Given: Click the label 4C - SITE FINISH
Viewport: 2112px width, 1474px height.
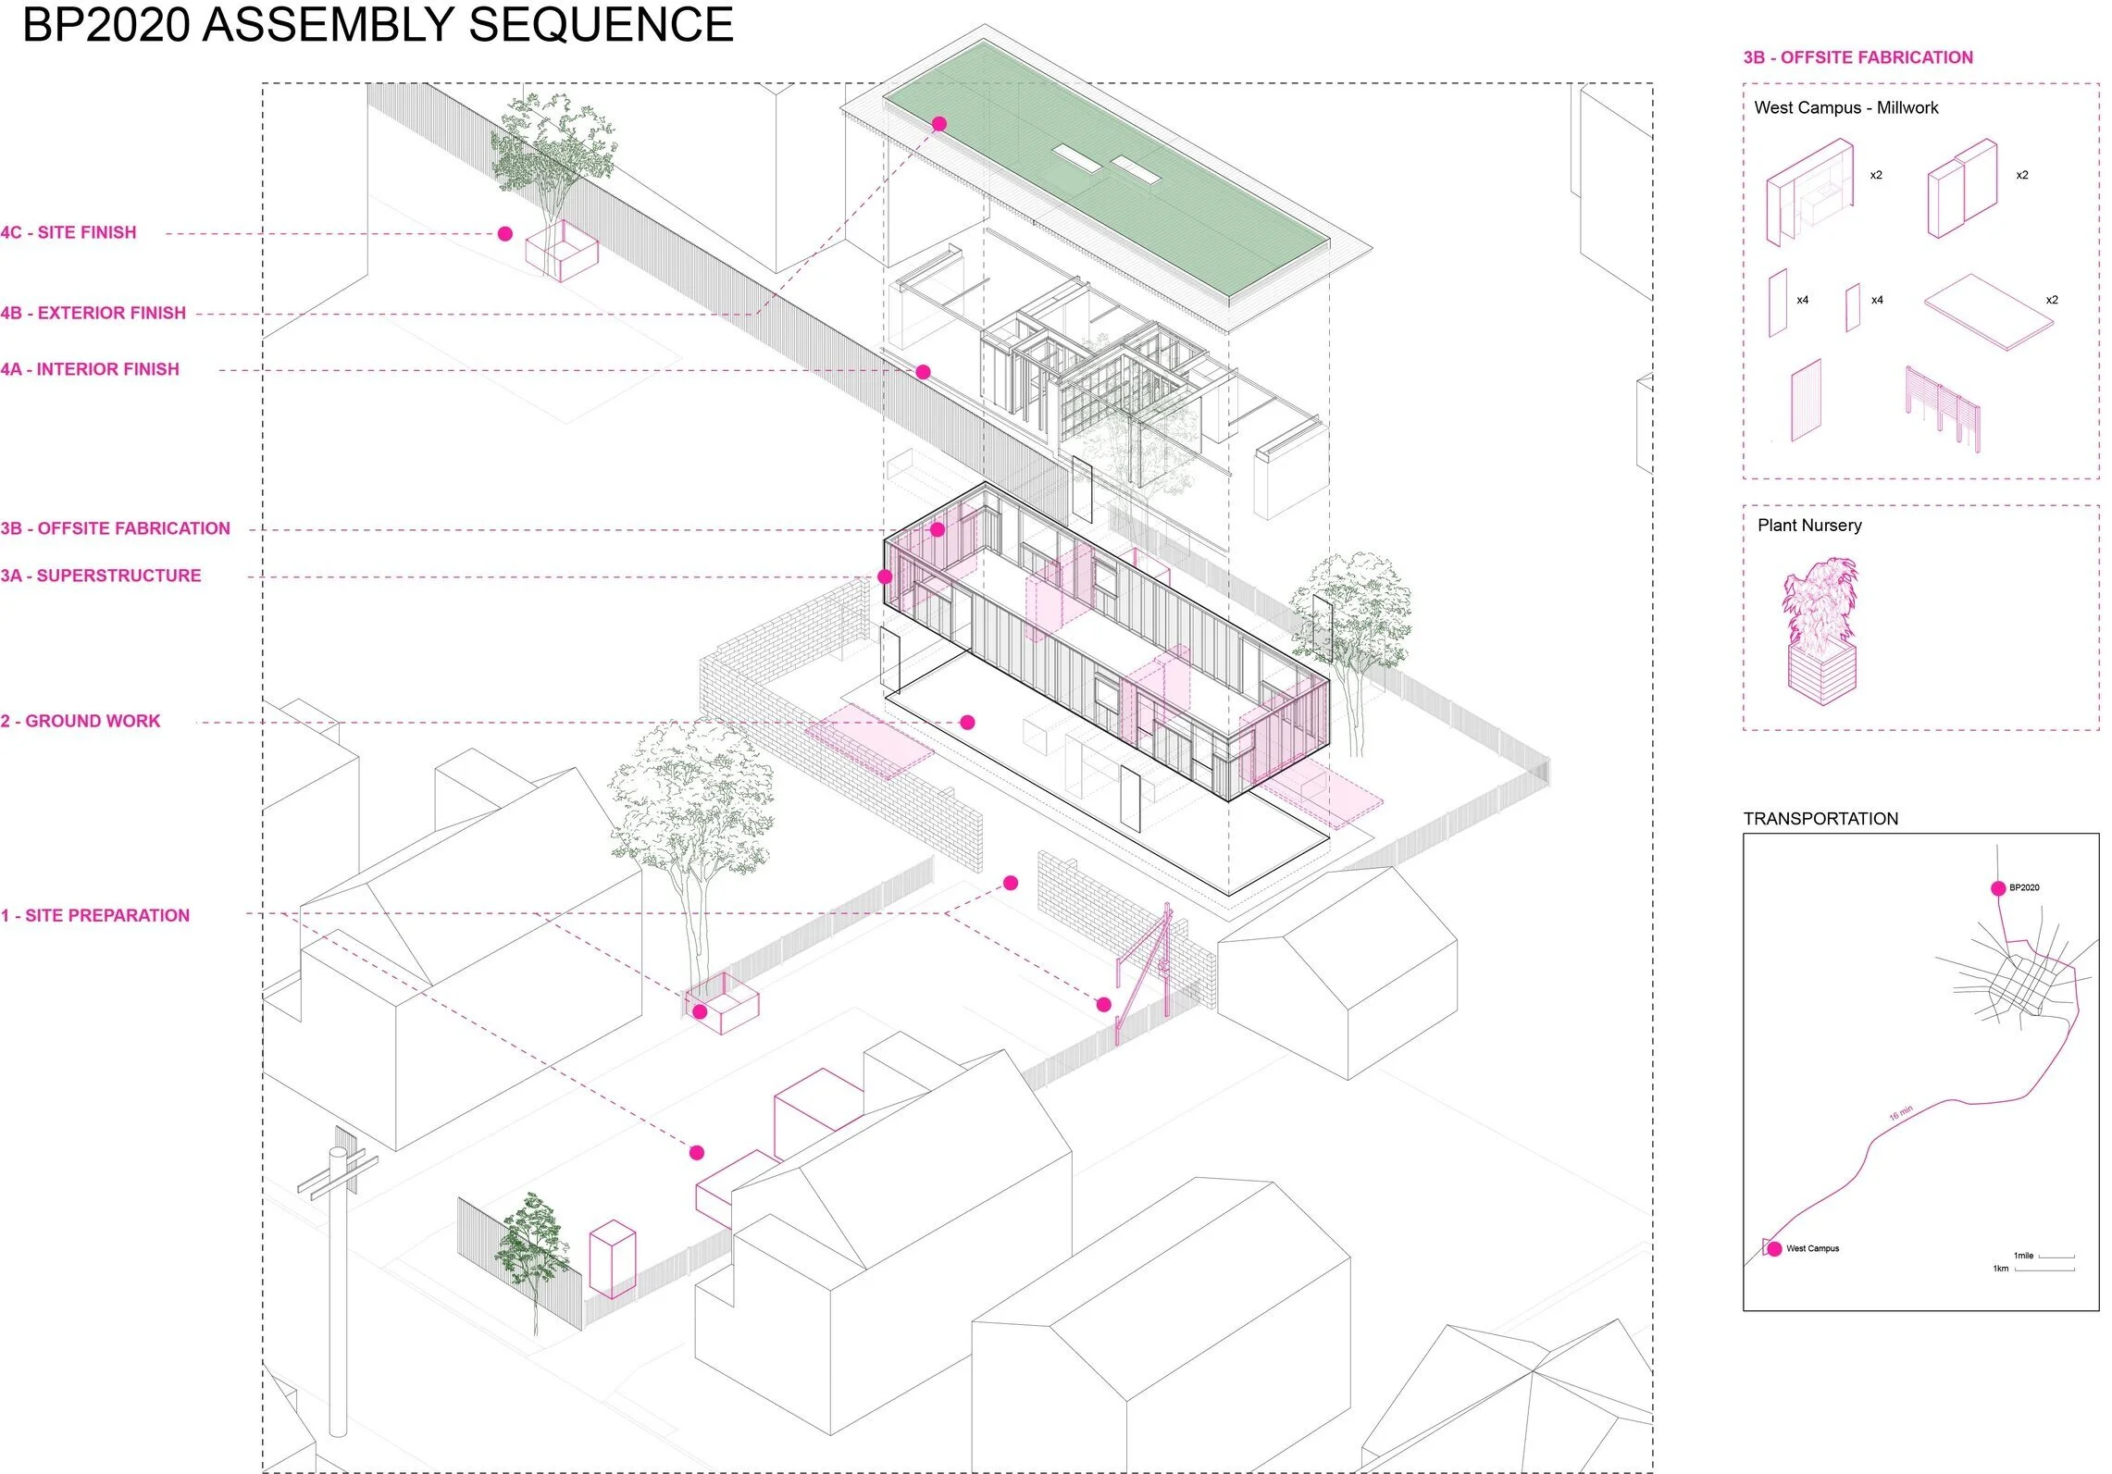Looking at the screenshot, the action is coord(68,232).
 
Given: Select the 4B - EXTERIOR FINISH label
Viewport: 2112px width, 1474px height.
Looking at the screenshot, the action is coord(93,313).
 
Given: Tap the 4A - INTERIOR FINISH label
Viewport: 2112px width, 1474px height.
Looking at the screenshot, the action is coord(90,369).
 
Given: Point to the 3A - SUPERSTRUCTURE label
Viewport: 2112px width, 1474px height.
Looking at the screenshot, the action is coord(101,576).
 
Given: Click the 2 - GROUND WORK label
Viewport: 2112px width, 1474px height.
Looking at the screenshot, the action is coord(81,721).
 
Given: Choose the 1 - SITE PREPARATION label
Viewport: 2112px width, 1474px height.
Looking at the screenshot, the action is coord(95,915).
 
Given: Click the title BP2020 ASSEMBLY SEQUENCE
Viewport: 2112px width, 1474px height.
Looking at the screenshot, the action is coord(378,25).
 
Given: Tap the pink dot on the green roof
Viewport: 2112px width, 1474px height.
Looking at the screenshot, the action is coord(939,123).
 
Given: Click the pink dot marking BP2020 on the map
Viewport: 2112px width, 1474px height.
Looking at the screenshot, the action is coord(1998,888).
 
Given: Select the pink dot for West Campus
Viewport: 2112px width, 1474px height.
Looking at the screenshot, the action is coord(1774,1249).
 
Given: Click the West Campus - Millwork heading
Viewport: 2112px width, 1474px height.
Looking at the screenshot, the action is coord(1846,107).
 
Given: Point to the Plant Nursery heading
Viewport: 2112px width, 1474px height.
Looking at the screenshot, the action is coord(1809,526).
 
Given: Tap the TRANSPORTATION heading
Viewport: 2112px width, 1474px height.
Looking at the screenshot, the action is coord(1820,819).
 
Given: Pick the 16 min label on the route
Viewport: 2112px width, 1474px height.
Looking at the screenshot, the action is coord(1901,1113).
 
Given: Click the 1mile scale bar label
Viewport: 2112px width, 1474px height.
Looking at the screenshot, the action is coord(2023,1256).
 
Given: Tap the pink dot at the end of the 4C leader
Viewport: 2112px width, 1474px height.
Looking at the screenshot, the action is coord(505,234).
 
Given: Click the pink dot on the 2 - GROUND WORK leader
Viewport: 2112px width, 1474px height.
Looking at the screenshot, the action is coord(967,723).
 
